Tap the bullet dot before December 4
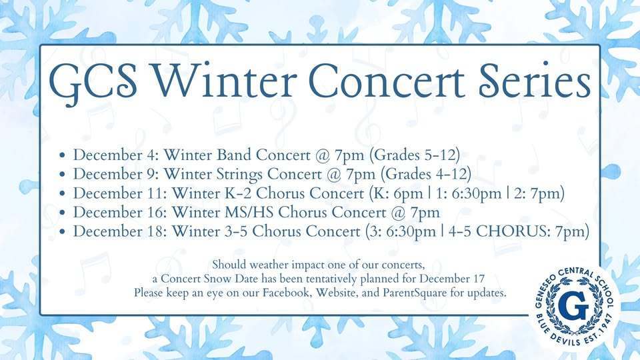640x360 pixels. (63, 155)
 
